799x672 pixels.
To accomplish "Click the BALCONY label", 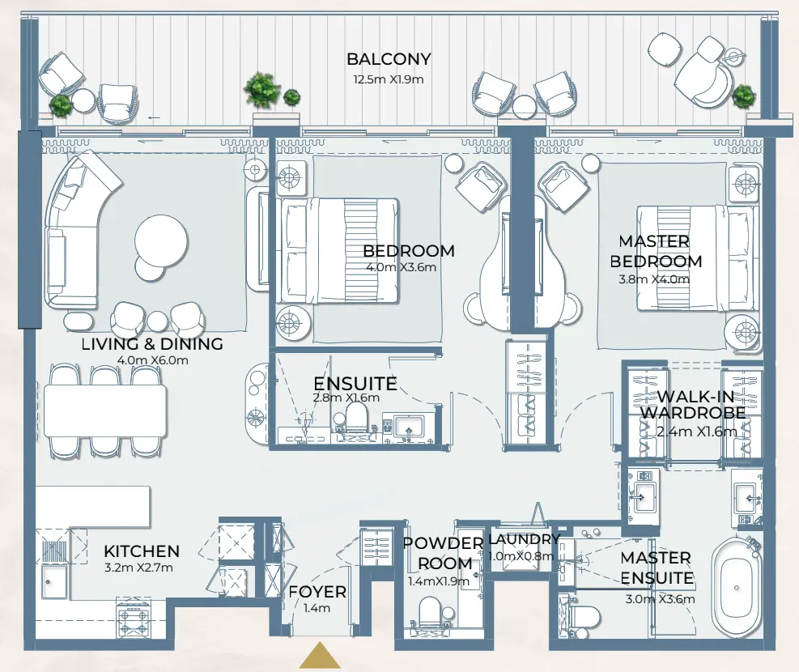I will pos(389,59).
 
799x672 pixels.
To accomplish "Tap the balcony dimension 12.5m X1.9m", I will pos(389,79).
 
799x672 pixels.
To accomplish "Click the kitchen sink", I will pos(55,581).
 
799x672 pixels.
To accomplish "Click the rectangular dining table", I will pos(105,411).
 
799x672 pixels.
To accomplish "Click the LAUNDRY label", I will pos(524,539).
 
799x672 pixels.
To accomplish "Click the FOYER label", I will pos(317,592).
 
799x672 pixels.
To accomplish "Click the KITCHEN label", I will pos(142,551).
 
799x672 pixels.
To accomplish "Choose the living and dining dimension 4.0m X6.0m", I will pos(152,360).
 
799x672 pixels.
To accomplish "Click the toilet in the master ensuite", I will pos(579,619).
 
